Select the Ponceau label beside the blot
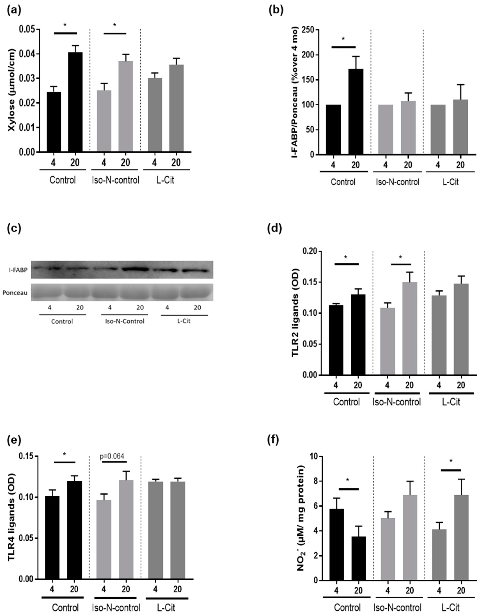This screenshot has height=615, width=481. click(15, 293)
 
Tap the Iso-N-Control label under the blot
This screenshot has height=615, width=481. click(125, 321)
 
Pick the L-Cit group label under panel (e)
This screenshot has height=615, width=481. click(166, 608)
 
